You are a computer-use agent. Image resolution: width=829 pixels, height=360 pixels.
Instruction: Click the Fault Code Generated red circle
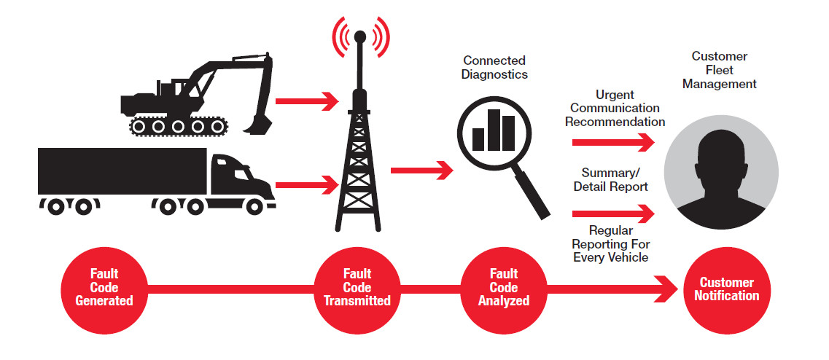tap(104, 287)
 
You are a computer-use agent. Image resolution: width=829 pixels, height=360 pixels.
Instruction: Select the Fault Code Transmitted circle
tap(357, 287)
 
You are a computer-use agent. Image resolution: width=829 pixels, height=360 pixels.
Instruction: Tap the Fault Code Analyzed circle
tap(503, 287)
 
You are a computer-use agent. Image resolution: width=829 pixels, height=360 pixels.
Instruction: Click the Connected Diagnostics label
tap(494, 67)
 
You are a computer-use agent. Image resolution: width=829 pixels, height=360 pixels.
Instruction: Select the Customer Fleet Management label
tap(723, 70)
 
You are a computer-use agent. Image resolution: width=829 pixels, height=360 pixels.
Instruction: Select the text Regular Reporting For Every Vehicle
tap(611, 244)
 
